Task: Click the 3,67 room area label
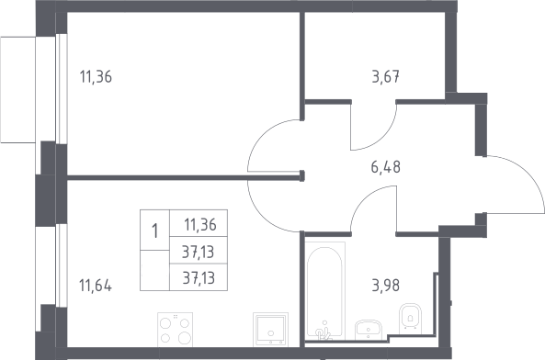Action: coord(385,77)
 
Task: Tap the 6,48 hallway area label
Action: coord(385,167)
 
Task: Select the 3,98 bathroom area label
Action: coord(385,286)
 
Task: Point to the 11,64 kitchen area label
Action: coord(96,286)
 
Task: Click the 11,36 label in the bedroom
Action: coord(96,77)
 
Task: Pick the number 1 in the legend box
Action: coord(155,231)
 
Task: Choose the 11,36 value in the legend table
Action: coord(200,225)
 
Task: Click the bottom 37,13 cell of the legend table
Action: coord(199,277)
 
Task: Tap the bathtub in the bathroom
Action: coord(325,290)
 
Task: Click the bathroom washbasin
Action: coord(369,330)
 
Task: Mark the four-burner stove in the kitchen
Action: coord(175,329)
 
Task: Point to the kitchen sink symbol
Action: coord(271,329)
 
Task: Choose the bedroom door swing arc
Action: coord(256,139)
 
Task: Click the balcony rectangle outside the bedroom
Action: coord(17,90)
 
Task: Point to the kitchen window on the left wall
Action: coord(62,265)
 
